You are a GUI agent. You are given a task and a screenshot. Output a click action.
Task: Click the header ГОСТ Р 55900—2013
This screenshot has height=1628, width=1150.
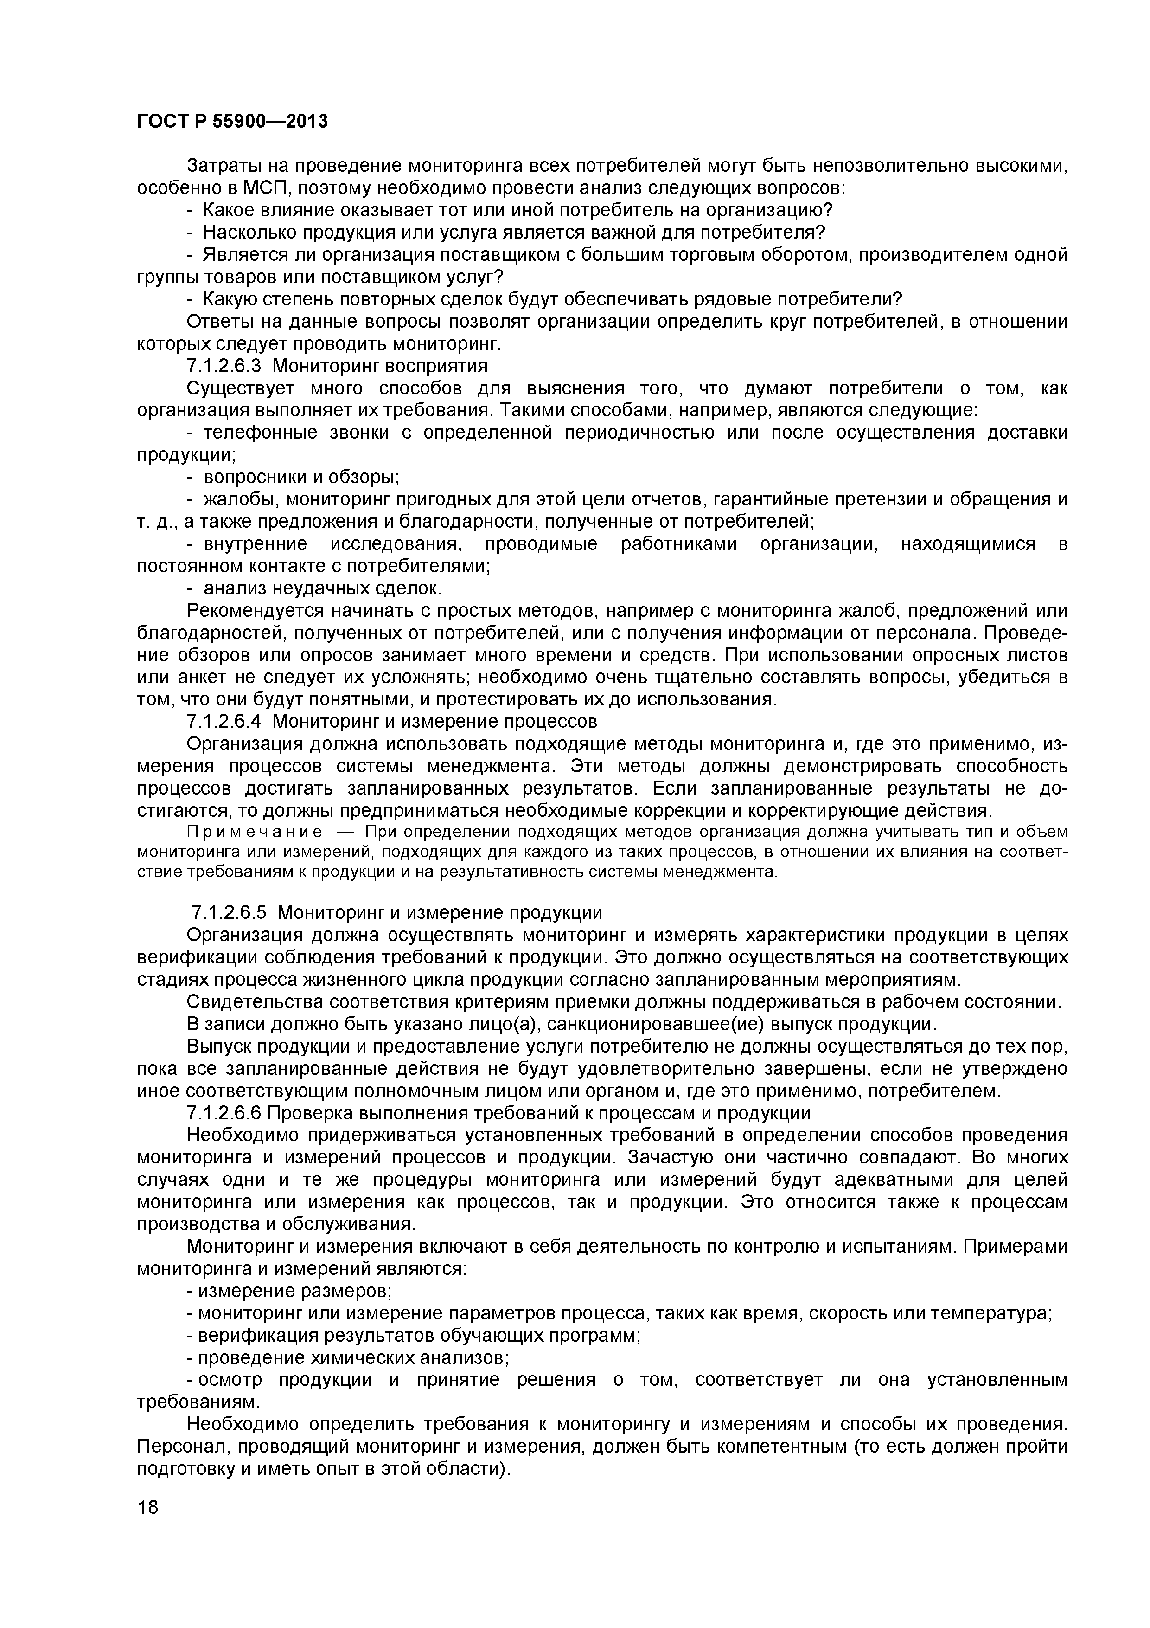pyautogui.click(x=232, y=122)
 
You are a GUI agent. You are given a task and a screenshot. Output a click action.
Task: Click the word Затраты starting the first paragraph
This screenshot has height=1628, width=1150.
pyautogui.click(x=227, y=166)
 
